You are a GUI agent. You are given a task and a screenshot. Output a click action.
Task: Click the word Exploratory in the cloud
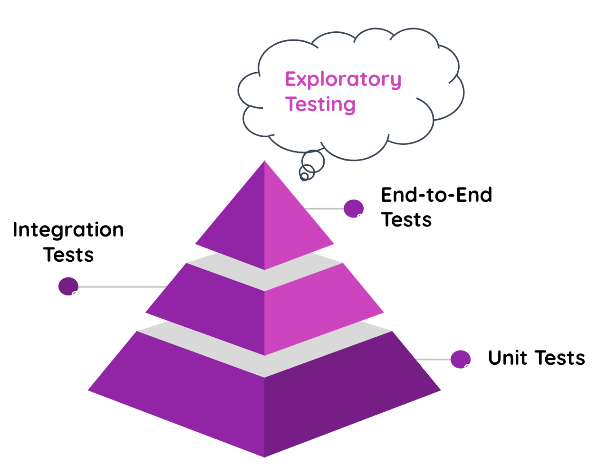pos(343,79)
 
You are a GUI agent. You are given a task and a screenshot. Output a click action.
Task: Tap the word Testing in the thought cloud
pos(320,104)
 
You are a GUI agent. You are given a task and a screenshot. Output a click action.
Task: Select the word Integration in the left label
pos(68,230)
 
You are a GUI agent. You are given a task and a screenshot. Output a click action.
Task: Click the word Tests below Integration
pos(69,255)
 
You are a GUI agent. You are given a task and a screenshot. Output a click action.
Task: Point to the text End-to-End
pos(436,195)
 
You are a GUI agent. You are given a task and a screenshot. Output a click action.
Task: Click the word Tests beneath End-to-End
pos(406,220)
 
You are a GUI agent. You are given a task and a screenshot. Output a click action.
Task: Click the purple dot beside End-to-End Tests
pos(353,209)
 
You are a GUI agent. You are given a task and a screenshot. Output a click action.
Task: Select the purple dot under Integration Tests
pos(68,286)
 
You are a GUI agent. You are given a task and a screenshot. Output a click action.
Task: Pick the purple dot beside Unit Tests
pos(460,359)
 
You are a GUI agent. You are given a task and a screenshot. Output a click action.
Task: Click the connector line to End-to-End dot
pos(324,209)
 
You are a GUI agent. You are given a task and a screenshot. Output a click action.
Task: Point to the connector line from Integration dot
pos(121,287)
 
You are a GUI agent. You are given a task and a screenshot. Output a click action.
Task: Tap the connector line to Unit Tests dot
pos(433,360)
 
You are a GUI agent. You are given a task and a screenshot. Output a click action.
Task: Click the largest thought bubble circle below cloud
pos(313,161)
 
